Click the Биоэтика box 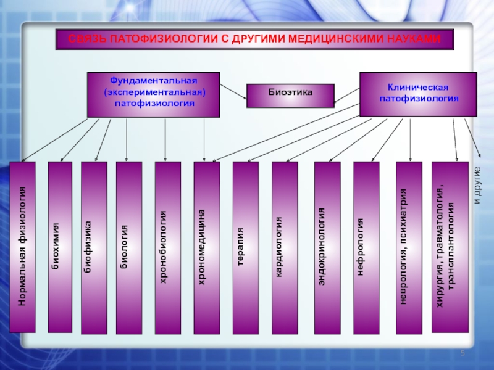click(290, 96)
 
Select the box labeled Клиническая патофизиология click(418, 94)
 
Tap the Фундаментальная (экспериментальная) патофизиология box click(153, 94)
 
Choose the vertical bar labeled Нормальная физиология click(22, 247)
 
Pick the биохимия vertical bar click(60, 247)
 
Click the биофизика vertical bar click(94, 248)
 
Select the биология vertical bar click(129, 248)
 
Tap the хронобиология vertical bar click(168, 248)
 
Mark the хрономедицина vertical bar click(207, 248)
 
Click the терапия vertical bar click(246, 248)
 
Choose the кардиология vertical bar click(285, 248)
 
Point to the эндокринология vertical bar click(327, 248)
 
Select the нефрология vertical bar click(366, 248)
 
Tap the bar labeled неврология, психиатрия click(409, 248)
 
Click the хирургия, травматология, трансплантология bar click(450, 247)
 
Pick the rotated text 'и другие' click(477, 186)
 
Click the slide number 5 click(463, 353)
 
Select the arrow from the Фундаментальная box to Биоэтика click(233, 91)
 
